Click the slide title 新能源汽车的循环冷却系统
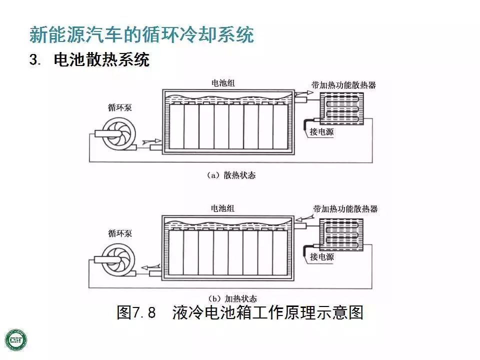coord(141,35)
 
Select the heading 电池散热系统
coord(101,60)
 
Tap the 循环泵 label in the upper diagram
coord(120,107)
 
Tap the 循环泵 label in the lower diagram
coord(120,233)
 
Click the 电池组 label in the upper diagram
coord(223,83)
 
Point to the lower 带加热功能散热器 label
coord(345,208)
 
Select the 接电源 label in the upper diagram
coord(321,132)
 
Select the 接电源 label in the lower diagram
coord(321,257)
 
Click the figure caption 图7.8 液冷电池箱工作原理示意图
coord(239,313)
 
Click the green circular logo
coord(16,339)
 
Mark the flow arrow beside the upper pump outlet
coord(152,142)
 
